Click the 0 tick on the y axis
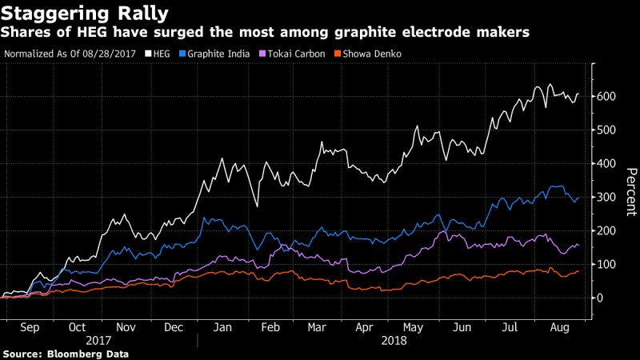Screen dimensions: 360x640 (x=602, y=298)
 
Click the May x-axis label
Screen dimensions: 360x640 (x=414, y=328)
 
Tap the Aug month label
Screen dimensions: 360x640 (x=560, y=328)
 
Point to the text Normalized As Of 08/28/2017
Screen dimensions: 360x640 (x=70, y=54)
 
